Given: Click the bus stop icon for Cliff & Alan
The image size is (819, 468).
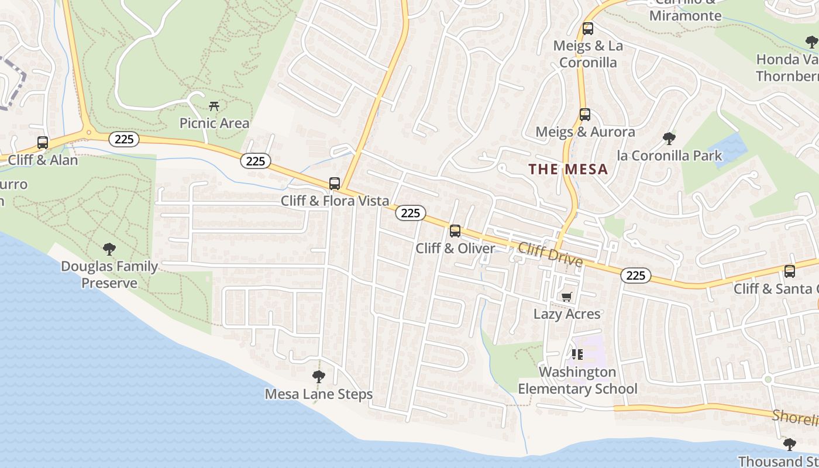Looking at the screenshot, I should click(42, 143).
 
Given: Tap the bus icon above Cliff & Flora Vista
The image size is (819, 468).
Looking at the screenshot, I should click(335, 184).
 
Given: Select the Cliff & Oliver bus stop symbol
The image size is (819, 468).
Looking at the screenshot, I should click(455, 231).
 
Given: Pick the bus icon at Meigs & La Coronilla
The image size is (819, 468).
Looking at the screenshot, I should click(588, 29).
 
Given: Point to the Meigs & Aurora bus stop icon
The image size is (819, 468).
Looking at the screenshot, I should click(584, 115).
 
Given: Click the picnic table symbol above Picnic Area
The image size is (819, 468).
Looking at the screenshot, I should click(214, 106).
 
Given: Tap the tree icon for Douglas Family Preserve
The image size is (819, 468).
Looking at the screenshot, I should click(109, 249).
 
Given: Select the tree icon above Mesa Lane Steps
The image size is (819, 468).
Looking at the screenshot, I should click(319, 376).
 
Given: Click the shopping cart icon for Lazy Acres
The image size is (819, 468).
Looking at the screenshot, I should click(566, 297).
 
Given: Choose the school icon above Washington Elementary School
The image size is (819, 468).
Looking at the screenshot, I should click(577, 355).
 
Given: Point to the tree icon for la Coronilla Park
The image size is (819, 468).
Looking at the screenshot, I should click(669, 139).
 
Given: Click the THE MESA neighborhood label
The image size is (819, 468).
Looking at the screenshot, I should click(568, 170).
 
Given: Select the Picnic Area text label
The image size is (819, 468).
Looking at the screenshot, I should click(214, 123).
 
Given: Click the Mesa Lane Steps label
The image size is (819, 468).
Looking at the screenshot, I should click(319, 394).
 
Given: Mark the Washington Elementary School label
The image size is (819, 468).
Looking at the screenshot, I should click(577, 380).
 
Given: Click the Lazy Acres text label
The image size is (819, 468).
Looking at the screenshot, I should click(567, 314).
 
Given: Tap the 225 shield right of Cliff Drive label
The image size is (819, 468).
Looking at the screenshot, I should click(635, 276).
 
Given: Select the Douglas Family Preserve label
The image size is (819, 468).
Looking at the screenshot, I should click(109, 275).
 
